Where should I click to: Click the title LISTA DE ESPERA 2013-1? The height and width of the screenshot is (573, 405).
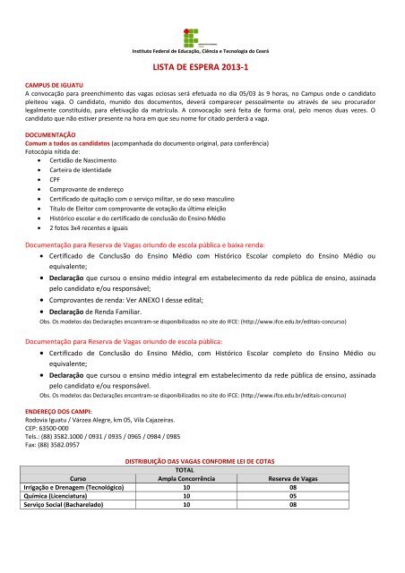click(202, 67)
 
